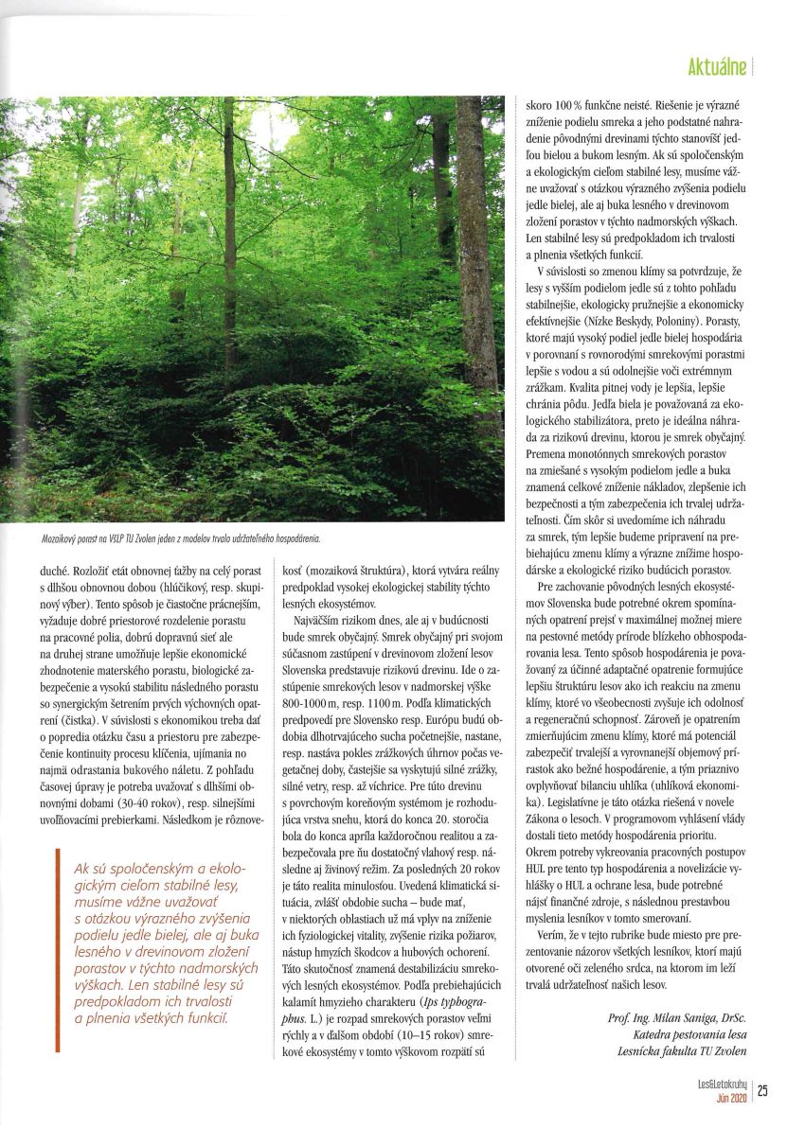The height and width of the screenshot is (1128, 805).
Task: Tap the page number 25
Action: pos(762,1089)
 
